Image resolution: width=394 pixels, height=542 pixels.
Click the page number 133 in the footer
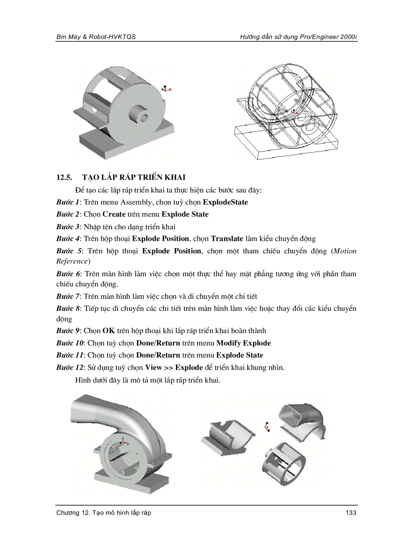[351, 513]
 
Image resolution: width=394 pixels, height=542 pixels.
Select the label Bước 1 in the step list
[67, 202]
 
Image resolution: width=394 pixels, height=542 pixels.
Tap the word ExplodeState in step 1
[225, 202]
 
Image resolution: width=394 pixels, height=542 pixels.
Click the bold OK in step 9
[108, 331]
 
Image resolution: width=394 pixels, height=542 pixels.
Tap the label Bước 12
[69, 367]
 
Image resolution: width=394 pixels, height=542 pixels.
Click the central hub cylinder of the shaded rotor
[141, 114]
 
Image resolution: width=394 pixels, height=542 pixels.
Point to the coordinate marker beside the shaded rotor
[167, 89]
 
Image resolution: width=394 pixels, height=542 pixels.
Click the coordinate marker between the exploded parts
[267, 426]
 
